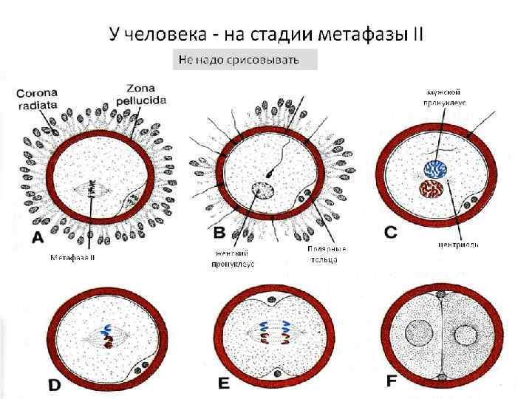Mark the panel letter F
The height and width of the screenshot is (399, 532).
pyautogui.click(x=392, y=381)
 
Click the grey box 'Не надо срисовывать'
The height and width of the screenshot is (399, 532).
pyautogui.click(x=245, y=60)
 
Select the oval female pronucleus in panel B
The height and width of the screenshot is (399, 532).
pyautogui.click(x=263, y=190)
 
